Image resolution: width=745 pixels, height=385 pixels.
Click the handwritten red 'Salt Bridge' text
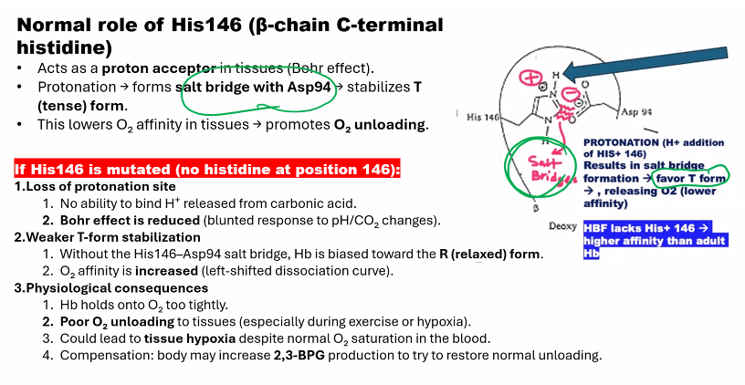pos(529,165)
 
